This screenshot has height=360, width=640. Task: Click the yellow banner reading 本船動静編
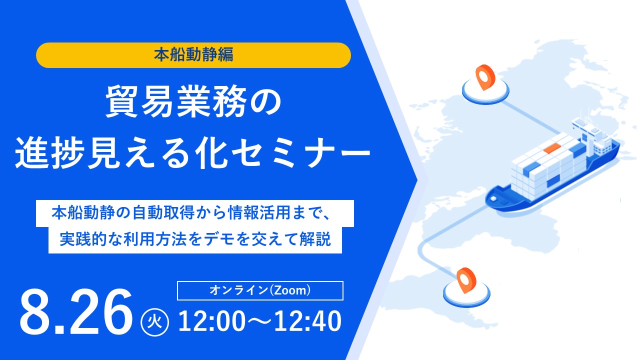(x=193, y=55)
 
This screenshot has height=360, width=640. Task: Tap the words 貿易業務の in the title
(x=193, y=101)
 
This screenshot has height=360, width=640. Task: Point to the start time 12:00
(x=211, y=321)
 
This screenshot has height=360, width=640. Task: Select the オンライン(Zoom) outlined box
(x=260, y=290)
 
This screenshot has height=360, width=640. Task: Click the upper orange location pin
(x=485, y=77)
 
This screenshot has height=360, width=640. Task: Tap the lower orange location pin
(x=466, y=280)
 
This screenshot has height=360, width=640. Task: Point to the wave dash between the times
(x=259, y=321)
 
